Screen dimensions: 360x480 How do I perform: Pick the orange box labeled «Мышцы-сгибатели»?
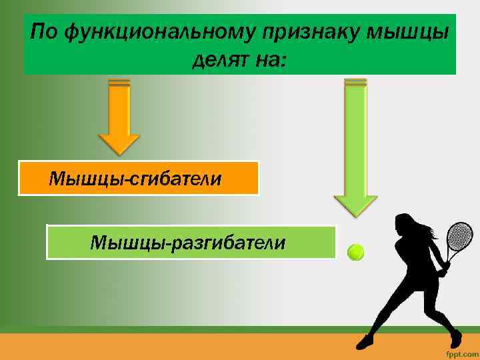(138, 178)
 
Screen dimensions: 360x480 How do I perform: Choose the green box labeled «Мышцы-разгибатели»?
(191, 242)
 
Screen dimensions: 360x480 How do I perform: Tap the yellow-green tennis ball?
(356, 252)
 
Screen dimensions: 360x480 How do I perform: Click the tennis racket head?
(459, 237)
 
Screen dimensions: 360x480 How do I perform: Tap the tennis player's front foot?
(366, 343)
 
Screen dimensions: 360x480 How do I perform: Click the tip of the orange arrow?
(119, 153)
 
